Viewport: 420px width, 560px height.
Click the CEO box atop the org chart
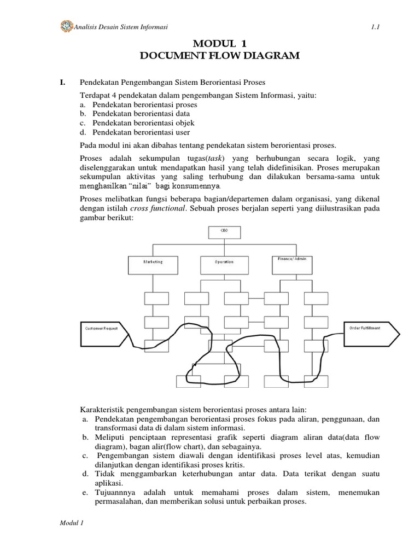pyautogui.click(x=224, y=232)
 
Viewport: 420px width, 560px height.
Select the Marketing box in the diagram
pyautogui.click(x=153, y=264)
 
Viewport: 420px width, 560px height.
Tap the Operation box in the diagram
pyautogui.click(x=224, y=264)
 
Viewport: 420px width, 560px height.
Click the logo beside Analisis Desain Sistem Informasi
pyautogui.click(x=66, y=26)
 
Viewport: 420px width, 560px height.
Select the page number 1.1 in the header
pyautogui.click(x=359, y=27)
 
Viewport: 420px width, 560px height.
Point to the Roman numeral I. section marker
pyautogui.click(x=62, y=83)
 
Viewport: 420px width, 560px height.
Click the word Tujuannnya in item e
pyautogui.click(x=116, y=493)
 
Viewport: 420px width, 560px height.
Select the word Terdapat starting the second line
pyautogui.click(x=95, y=95)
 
